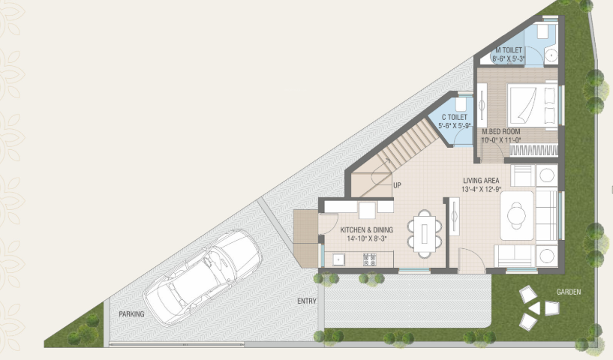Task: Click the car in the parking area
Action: coord(203,275)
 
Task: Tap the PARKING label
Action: coord(131,314)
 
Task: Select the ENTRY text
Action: coord(306,301)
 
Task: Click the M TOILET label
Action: coord(509,49)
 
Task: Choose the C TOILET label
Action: coord(455,118)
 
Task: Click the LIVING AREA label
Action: coord(482,180)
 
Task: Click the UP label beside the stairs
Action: coord(397,185)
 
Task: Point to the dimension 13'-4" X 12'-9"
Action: coord(481,190)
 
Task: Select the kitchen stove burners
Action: coord(369,259)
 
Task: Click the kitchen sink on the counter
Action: coord(338,260)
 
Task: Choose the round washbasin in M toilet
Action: coord(550,55)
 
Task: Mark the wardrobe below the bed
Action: coord(533,150)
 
